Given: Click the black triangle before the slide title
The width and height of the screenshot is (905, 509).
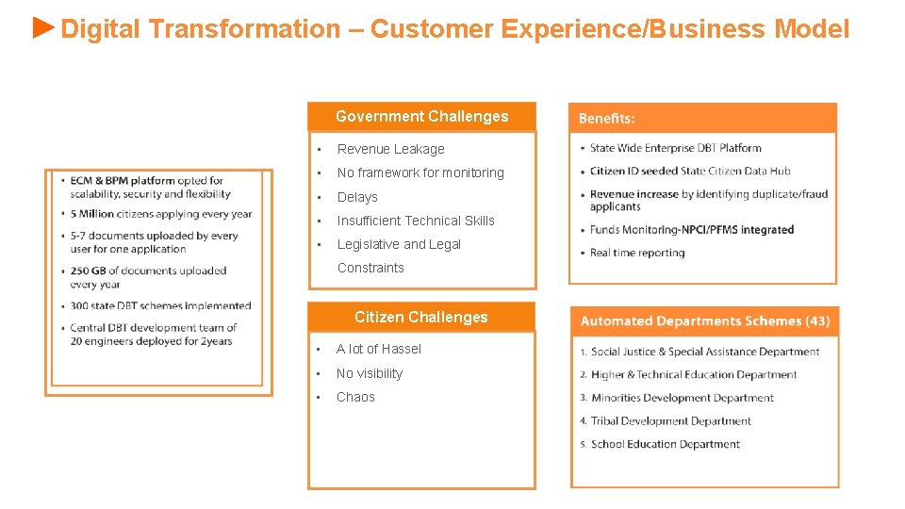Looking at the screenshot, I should coord(44,27).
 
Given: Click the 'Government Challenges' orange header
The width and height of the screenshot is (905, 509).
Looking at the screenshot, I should coord(421,117).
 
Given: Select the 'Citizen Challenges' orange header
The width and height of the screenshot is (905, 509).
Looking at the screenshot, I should coord(421,318).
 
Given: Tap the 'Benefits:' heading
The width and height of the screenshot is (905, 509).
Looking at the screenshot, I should coord(607,119).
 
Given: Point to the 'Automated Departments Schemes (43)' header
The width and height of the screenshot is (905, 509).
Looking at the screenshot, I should coord(704,321).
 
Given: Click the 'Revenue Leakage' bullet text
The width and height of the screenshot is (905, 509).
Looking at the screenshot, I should coord(390,149).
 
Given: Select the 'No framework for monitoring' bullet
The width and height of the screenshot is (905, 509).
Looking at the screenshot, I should coord(420,172).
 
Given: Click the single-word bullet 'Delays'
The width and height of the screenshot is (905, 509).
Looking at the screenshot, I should coord(357,197).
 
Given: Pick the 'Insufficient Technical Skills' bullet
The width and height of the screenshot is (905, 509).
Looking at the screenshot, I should coord(416,221).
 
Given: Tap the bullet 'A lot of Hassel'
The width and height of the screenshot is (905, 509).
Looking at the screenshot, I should coord(379,349).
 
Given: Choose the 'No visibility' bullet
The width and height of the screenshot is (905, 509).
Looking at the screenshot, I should coord(370,373).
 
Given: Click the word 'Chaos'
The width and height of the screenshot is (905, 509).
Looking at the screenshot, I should coord(355,397).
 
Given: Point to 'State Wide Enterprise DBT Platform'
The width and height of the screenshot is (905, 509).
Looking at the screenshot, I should coord(675,148).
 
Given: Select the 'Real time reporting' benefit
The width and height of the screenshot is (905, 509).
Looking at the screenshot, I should coord(637,253).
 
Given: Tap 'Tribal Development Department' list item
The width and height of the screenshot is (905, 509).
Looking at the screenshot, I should coord(671,421).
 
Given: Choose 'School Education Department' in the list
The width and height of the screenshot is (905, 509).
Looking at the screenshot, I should coord(666,444).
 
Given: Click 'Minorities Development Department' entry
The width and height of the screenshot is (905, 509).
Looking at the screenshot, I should coord(683,398).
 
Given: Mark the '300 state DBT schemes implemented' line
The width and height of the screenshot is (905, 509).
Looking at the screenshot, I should coord(160,305).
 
